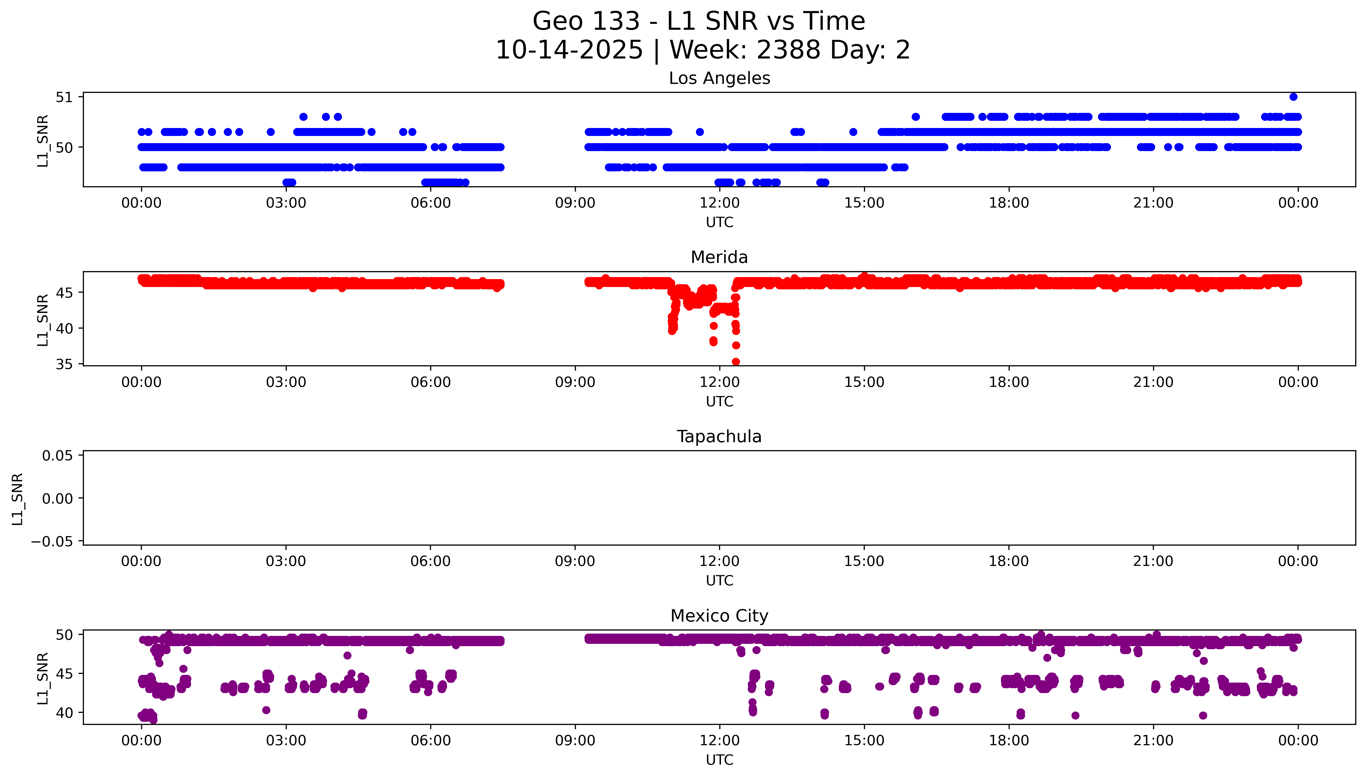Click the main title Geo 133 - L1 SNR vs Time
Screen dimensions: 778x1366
coord(699,21)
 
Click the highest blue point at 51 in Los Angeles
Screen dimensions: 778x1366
coord(1293,97)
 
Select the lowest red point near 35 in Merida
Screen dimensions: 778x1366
coord(736,362)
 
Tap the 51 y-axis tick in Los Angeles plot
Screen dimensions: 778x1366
coord(64,97)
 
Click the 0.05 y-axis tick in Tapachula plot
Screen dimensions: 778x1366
coord(58,456)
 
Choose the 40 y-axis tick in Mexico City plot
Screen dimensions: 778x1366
coord(64,713)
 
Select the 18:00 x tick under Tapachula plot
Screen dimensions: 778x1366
coord(1009,561)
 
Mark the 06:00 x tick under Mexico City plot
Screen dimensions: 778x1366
coord(431,741)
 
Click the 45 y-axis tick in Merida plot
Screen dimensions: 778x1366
coord(64,293)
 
